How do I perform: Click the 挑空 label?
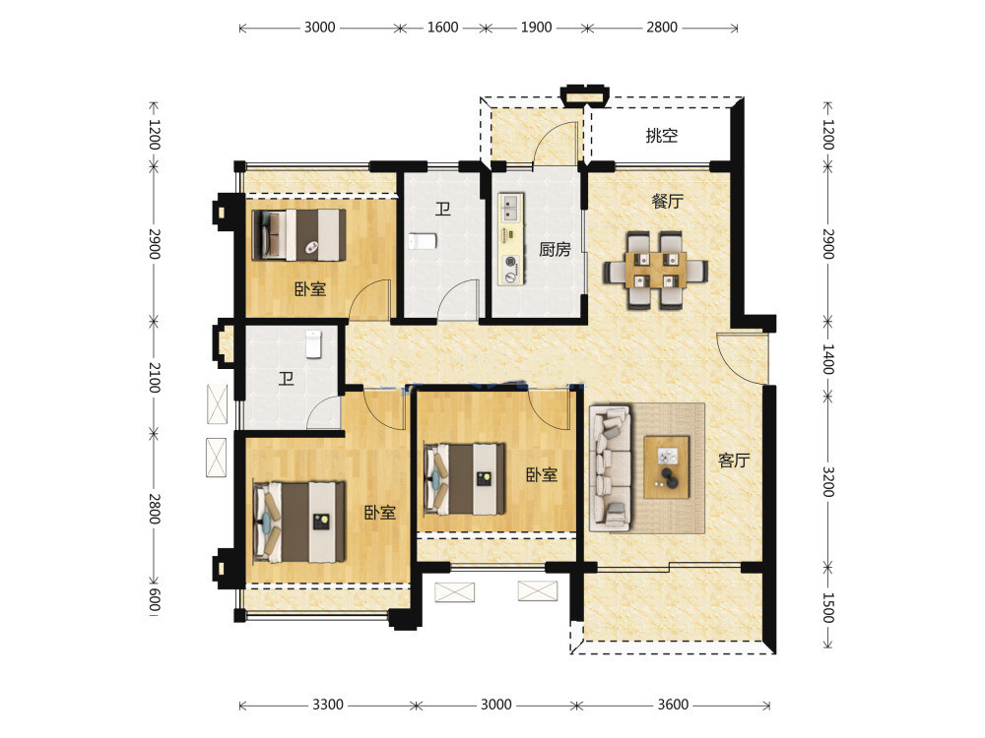tap(662, 136)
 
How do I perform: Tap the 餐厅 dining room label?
tap(667, 202)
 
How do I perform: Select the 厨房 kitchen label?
tap(555, 250)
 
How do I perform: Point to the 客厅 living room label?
tap(734, 461)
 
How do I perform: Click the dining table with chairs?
tap(656, 270)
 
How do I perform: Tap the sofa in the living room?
tap(610, 466)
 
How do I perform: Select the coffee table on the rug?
tap(667, 467)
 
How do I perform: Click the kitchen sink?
tap(510, 208)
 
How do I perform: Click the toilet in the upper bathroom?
tap(422, 242)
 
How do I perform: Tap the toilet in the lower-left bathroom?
tap(314, 344)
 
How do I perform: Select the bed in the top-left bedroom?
tap(298, 235)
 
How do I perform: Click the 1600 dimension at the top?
tap(443, 28)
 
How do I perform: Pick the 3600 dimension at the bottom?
tap(674, 705)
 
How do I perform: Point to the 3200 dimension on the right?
tap(828, 482)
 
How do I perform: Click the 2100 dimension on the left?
tap(155, 378)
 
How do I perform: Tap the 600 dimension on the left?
tap(155, 600)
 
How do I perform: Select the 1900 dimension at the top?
tap(537, 28)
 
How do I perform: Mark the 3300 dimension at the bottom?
tap(328, 705)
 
